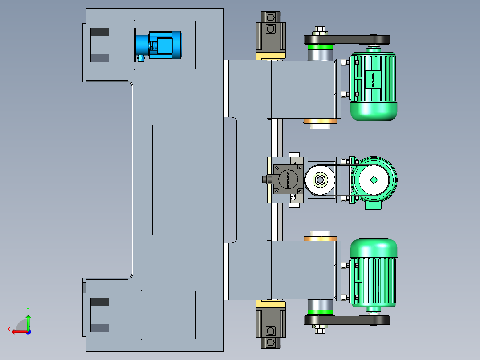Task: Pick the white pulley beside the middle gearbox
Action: pos(320,180)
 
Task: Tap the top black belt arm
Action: pos(347,40)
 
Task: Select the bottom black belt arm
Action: pos(347,320)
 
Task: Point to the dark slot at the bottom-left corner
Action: pos(100,315)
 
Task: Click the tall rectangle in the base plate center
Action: pos(171,180)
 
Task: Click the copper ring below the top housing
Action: pos(319,121)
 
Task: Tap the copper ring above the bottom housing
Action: pos(319,238)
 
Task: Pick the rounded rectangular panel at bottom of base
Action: pos(168,315)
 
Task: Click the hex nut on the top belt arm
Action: pos(319,31)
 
